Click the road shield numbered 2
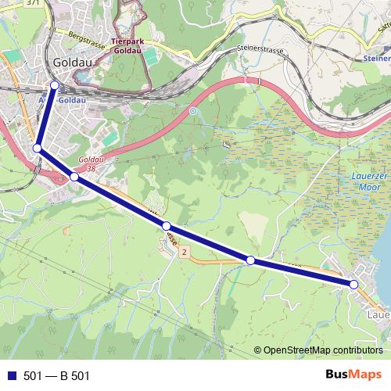184,253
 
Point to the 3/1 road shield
32,3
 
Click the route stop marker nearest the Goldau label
54,85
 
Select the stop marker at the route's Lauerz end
353,285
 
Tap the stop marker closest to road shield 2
166,226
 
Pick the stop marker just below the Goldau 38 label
74,178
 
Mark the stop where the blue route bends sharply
37,148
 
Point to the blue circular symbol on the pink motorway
192,111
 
